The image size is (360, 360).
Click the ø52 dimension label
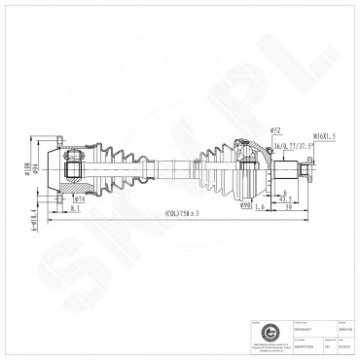tap(275, 130)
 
